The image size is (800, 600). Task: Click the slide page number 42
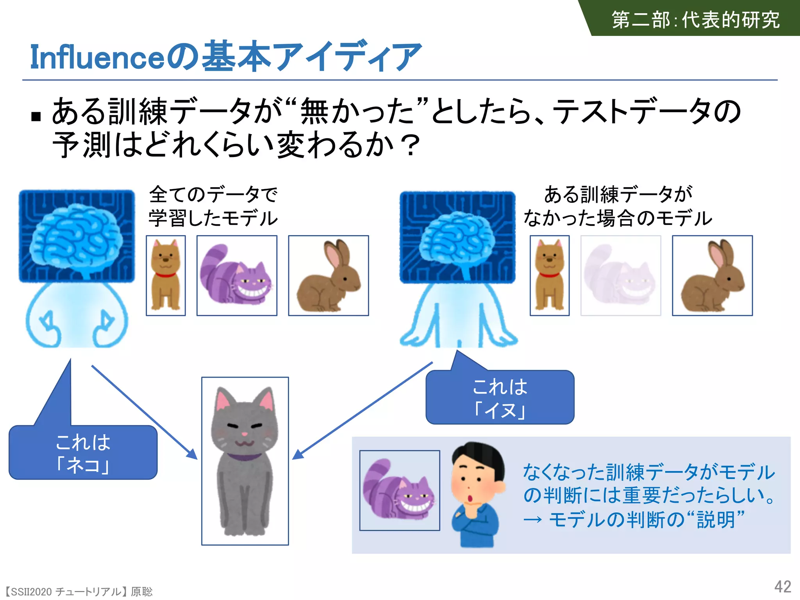pyautogui.click(x=782, y=587)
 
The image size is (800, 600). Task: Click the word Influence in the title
pyautogui.click(x=98, y=57)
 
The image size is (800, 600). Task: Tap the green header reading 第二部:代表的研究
pyautogui.click(x=695, y=20)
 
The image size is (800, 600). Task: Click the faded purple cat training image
pyautogui.click(x=621, y=275)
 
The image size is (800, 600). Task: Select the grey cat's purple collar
pyautogui.click(x=245, y=456)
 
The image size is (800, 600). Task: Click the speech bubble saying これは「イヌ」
pyautogui.click(x=500, y=398)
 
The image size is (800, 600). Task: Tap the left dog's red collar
pyautogui.click(x=166, y=275)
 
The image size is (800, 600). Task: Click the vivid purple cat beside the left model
pyautogui.click(x=237, y=275)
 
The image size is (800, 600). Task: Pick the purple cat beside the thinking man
pyautogui.click(x=399, y=490)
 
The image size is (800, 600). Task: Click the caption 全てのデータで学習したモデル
pyautogui.click(x=213, y=206)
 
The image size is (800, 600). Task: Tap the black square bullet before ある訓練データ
pyautogui.click(x=36, y=116)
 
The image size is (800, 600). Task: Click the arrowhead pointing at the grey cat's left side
pyautogui.click(x=192, y=454)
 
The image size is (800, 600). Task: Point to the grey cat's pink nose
pyautogui.click(x=245, y=434)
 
